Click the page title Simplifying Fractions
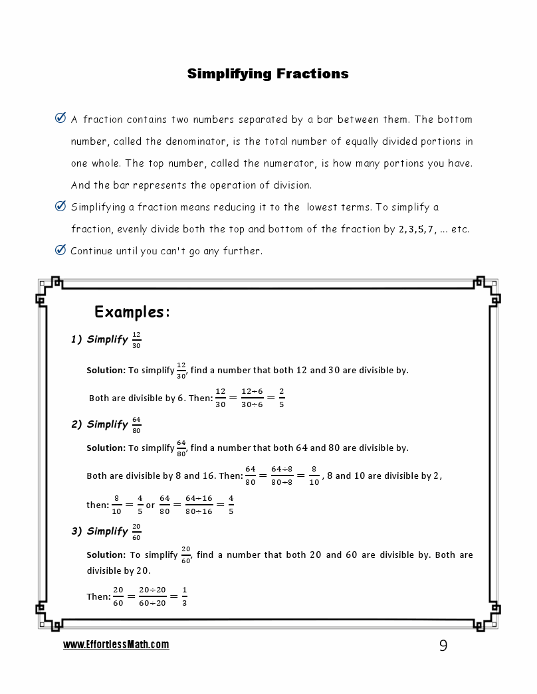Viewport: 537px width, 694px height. [268, 74]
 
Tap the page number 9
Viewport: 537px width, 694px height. [443, 646]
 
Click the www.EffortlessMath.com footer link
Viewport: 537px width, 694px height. [116, 645]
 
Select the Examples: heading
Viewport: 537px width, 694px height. [133, 312]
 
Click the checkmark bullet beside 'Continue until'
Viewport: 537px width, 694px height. [60, 250]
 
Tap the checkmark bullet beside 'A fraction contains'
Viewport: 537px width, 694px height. [60, 119]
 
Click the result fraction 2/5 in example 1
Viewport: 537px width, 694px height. [282, 397]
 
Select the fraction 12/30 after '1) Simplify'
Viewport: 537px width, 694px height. [136, 340]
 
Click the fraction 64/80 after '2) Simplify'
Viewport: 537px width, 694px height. [136, 424]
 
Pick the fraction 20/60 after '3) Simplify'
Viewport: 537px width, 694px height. [136, 531]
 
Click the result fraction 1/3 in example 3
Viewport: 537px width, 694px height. [184, 596]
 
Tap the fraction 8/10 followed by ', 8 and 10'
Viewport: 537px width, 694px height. [314, 476]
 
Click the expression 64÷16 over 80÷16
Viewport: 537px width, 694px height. [199, 505]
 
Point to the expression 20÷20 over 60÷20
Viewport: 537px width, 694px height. [152, 596]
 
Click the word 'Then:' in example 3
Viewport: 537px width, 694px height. [98, 596]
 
